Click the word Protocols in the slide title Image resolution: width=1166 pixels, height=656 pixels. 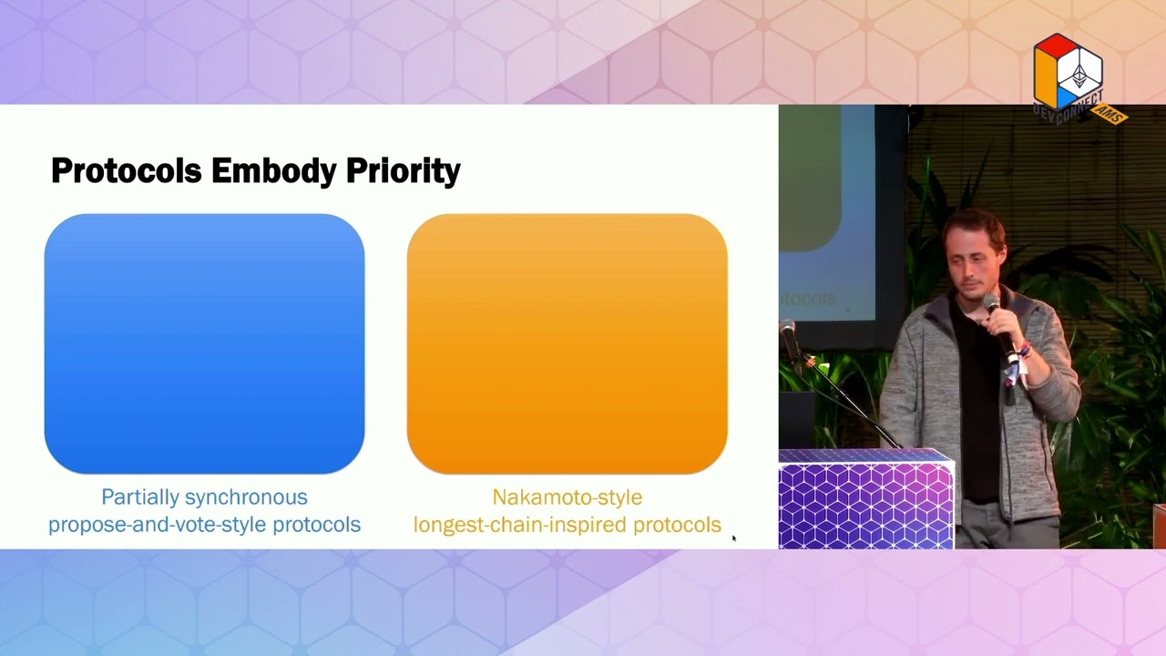(x=127, y=170)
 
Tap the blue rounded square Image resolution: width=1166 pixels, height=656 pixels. (x=205, y=343)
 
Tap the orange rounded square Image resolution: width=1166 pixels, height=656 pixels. (x=568, y=343)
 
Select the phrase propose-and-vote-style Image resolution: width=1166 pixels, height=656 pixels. (x=158, y=525)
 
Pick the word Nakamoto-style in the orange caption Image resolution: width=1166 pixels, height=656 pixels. (x=568, y=497)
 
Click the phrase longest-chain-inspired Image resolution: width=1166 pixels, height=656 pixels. (x=520, y=525)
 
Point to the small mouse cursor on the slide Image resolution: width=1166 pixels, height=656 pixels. (x=734, y=538)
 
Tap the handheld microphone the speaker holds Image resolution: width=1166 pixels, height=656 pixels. (x=1003, y=329)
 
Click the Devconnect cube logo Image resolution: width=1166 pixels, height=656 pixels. (x=1069, y=72)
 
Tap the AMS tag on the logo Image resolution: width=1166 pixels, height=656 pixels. (x=1110, y=114)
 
